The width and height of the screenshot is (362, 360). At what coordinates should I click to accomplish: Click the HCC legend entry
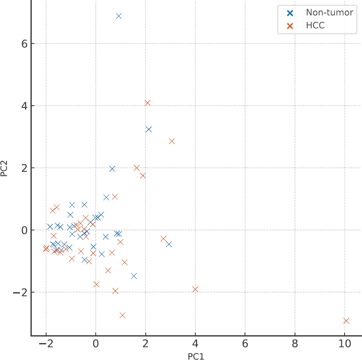point(315,26)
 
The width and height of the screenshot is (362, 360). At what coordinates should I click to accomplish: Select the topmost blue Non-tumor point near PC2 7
point(119,16)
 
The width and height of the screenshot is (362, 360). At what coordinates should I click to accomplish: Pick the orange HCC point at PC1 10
point(346,320)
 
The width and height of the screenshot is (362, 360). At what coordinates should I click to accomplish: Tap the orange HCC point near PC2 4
point(147,103)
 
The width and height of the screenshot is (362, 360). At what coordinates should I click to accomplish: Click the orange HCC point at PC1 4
point(195,289)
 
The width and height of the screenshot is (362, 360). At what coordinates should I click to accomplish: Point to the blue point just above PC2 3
point(149,129)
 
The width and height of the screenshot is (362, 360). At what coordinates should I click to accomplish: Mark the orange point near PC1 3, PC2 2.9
point(171,141)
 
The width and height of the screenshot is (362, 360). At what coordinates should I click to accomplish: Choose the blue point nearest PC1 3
point(169,244)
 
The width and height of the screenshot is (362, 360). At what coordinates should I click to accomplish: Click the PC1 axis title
point(196,357)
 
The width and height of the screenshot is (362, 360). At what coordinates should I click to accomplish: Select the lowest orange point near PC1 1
point(122,315)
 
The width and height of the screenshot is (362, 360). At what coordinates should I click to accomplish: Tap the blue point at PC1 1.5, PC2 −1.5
point(134,276)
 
